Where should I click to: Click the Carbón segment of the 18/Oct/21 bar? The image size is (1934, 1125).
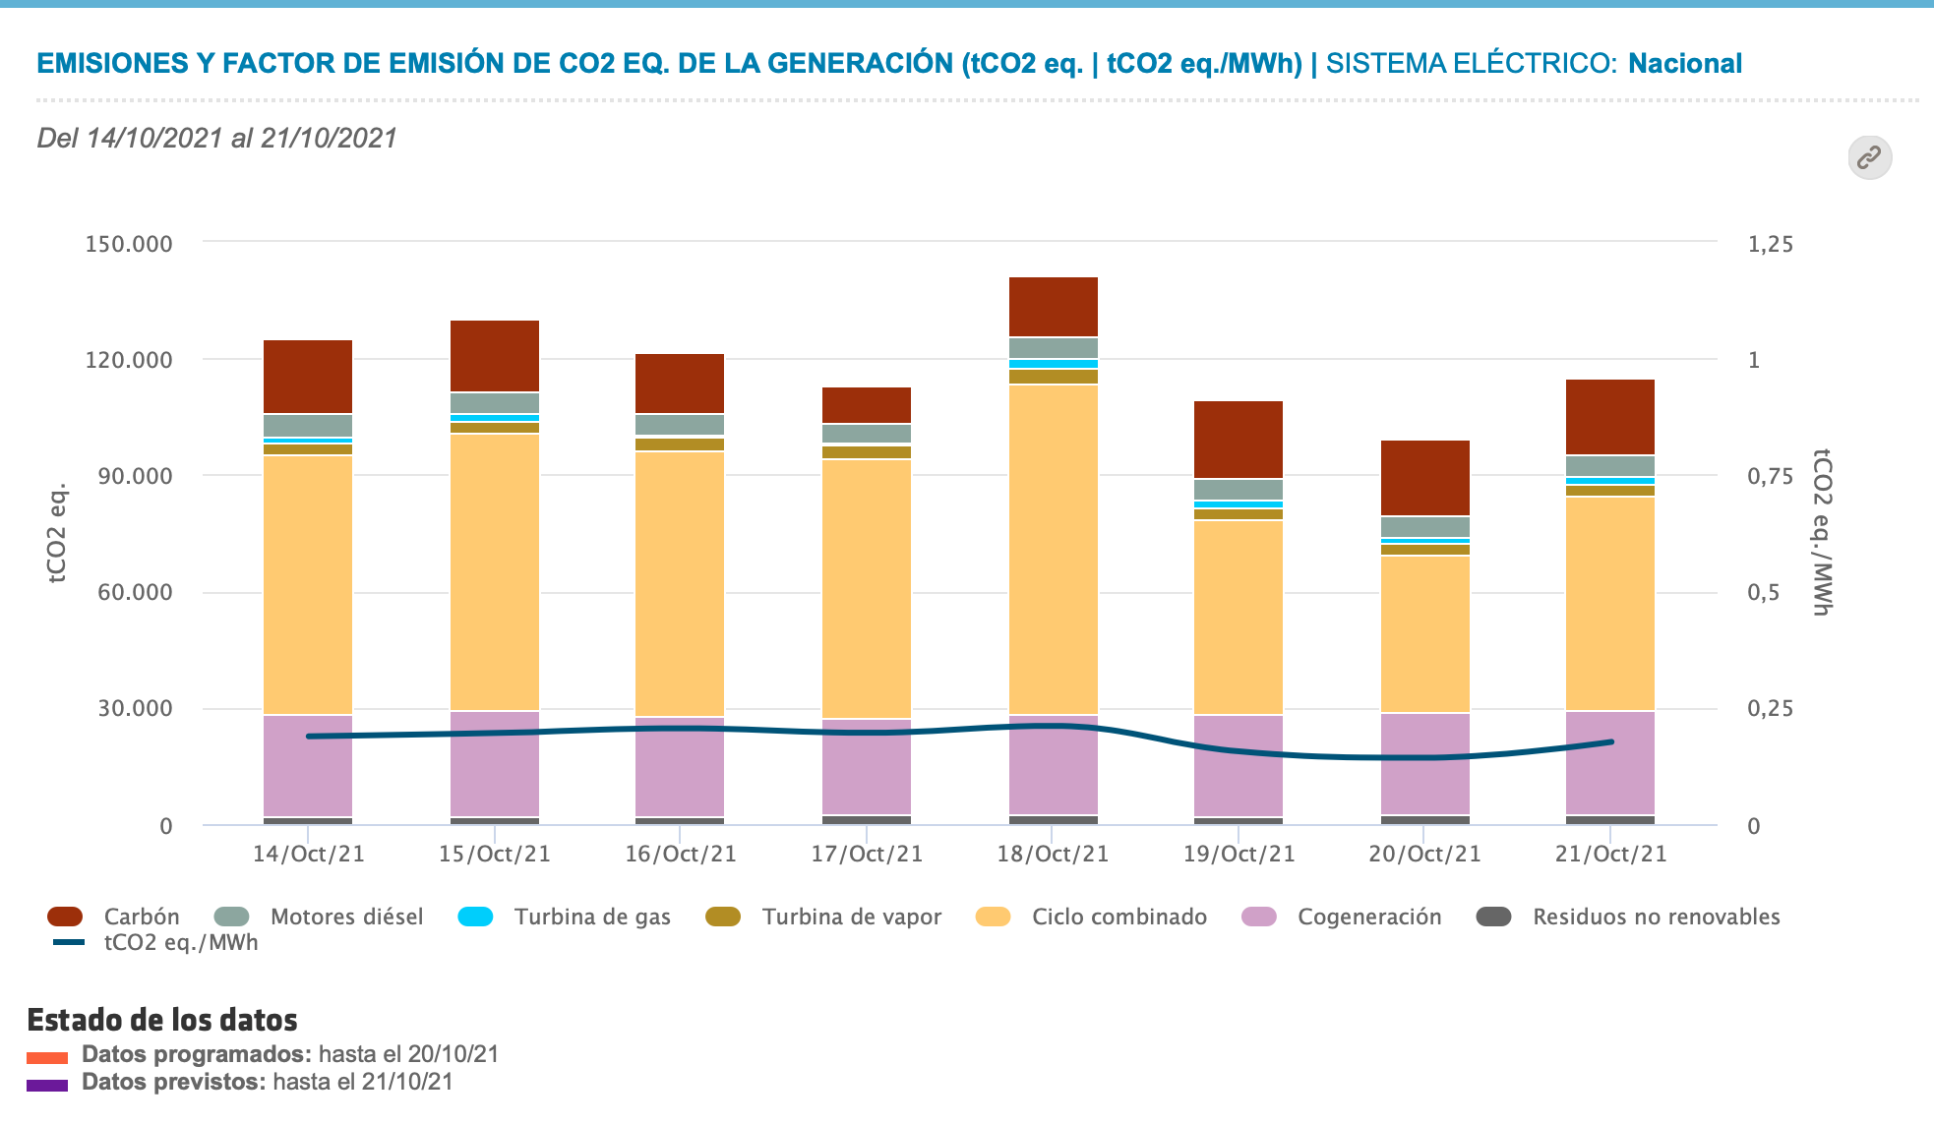pyautogui.click(x=1053, y=307)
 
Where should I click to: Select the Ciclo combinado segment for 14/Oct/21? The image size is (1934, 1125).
pyautogui.click(x=308, y=584)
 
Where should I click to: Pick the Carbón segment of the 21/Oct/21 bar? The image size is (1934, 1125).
pyautogui.click(x=1610, y=417)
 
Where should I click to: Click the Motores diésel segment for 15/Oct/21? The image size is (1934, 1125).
pyautogui.click(x=495, y=403)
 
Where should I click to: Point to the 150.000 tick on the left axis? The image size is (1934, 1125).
pyautogui.click(x=129, y=244)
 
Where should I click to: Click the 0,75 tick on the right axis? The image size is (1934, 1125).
pyautogui.click(x=1770, y=477)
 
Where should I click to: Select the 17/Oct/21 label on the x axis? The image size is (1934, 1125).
pyautogui.click(x=867, y=854)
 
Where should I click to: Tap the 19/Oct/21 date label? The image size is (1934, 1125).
pyautogui.click(x=1239, y=854)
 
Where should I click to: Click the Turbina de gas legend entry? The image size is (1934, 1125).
pyautogui.click(x=592, y=917)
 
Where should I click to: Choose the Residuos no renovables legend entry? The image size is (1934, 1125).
pyautogui.click(x=1656, y=917)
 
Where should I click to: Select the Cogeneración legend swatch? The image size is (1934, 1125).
pyautogui.click(x=1259, y=917)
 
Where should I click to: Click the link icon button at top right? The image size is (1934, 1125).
pyautogui.click(x=1869, y=157)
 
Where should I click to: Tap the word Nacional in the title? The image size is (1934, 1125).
pyautogui.click(x=1684, y=64)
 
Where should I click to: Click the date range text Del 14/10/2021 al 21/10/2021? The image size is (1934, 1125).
pyautogui.click(x=216, y=138)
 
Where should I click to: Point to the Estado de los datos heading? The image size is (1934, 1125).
pyautogui.click(x=162, y=1020)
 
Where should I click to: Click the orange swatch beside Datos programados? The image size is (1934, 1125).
pyautogui.click(x=47, y=1058)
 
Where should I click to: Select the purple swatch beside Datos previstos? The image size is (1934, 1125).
pyautogui.click(x=47, y=1086)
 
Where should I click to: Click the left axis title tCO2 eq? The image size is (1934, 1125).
pyautogui.click(x=57, y=533)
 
